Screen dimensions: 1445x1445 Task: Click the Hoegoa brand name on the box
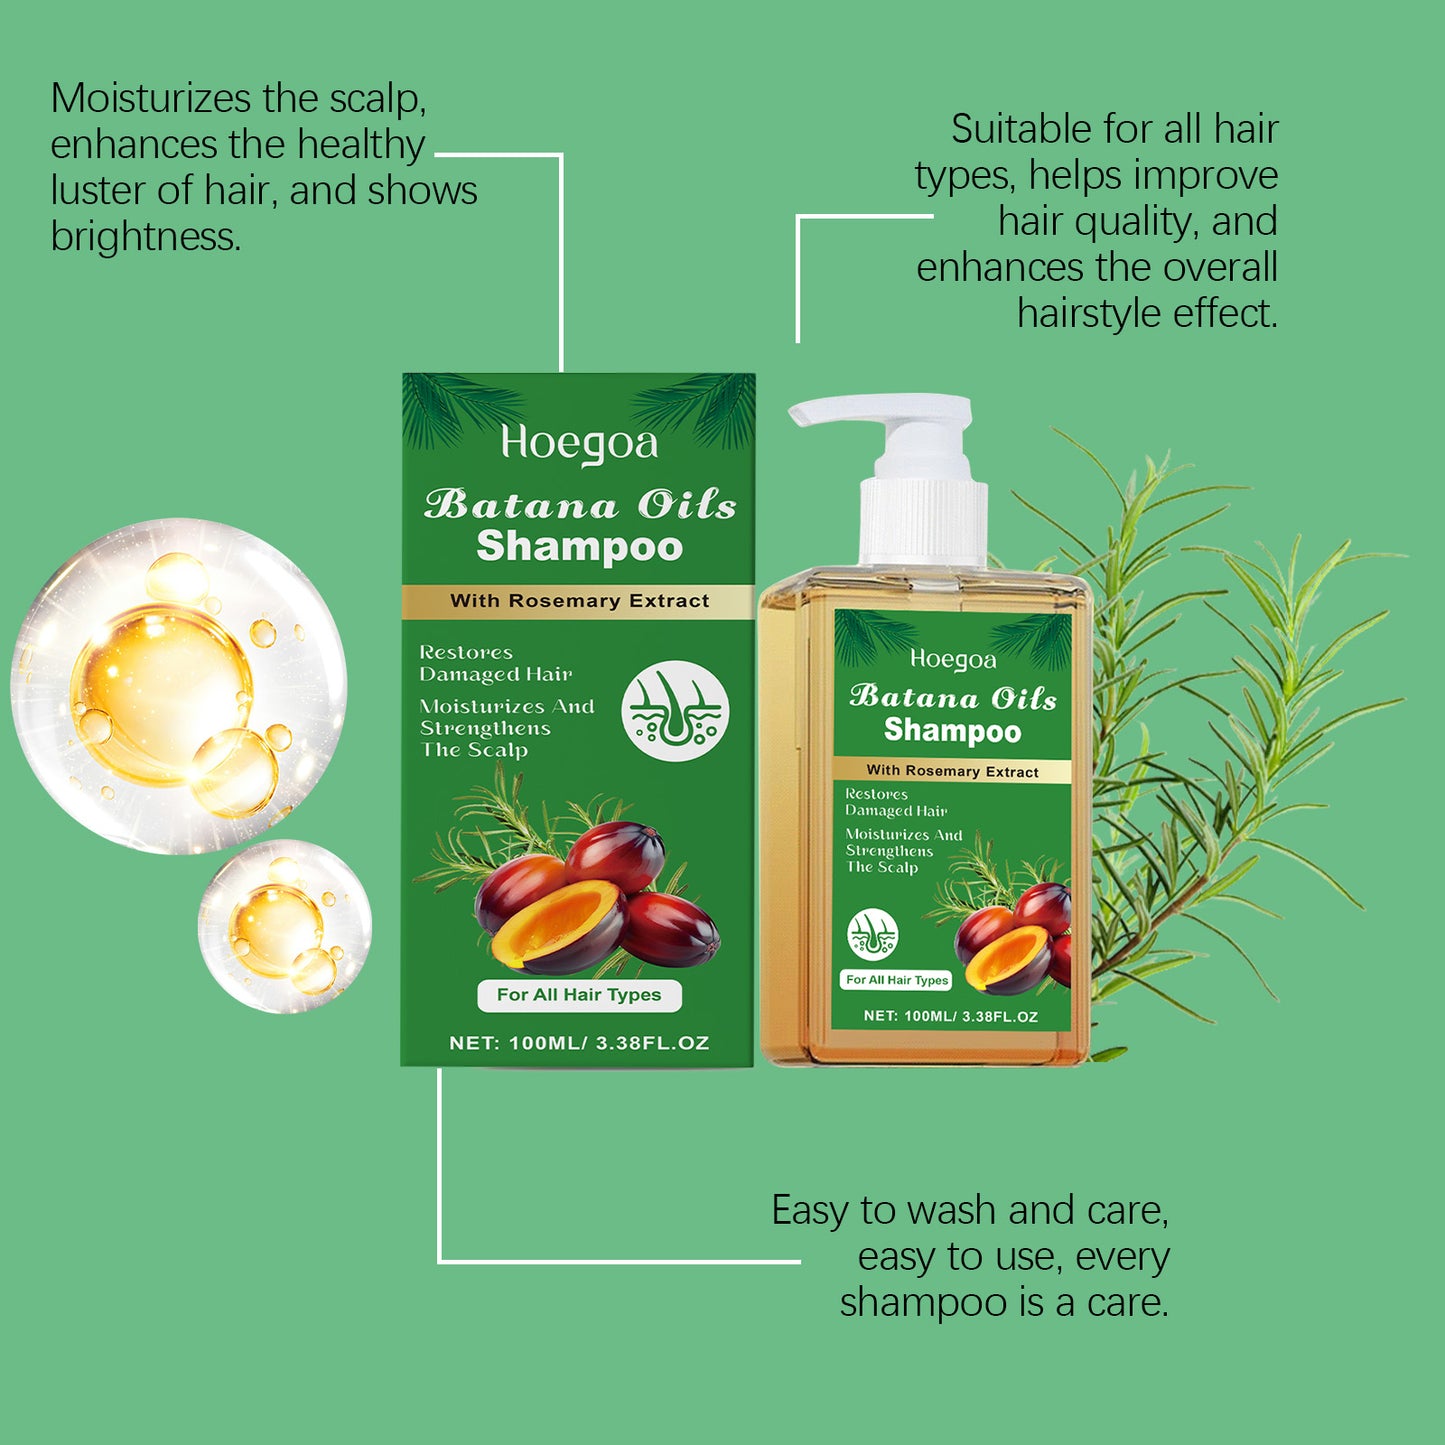pos(579,443)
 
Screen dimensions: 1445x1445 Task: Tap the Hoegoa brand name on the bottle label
pos(953,659)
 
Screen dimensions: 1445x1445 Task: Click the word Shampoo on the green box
pos(579,547)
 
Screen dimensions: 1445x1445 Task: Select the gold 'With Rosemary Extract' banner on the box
pos(579,601)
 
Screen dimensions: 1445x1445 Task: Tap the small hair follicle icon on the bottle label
pos(872,935)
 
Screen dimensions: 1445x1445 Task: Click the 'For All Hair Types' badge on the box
pos(579,995)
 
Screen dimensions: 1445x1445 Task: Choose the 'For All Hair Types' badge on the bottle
pos(897,980)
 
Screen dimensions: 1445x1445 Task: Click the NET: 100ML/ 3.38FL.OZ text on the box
pos(579,1043)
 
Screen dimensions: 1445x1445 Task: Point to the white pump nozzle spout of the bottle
pos(830,410)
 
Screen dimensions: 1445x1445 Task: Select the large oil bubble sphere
pos(179,686)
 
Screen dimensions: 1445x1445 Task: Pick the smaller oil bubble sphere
pos(286,926)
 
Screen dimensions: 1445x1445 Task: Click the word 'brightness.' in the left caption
pos(146,238)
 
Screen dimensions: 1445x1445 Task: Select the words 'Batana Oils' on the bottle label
pos(953,697)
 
